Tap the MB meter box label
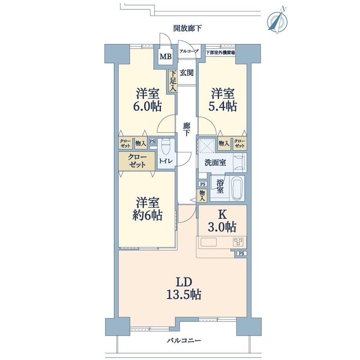[166, 56]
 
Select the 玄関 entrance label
[186, 73]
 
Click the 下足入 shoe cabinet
[173, 81]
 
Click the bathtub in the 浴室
[237, 188]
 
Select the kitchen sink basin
[209, 242]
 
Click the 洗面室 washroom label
[215, 162]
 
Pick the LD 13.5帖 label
[184, 288]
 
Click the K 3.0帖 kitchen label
[222, 221]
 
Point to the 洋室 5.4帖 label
[223, 100]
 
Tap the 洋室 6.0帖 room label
[148, 100]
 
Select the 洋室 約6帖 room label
[148, 209]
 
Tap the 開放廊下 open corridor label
[187, 28]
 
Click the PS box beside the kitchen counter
[241, 254]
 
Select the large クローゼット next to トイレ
[137, 161]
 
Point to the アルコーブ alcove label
[189, 51]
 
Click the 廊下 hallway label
[186, 129]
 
